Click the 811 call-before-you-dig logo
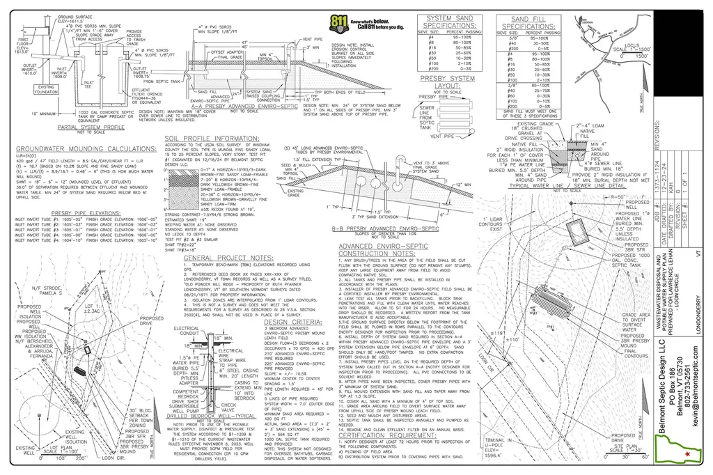(x=340, y=23)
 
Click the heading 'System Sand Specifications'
(x=451, y=22)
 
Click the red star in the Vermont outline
(x=688, y=453)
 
